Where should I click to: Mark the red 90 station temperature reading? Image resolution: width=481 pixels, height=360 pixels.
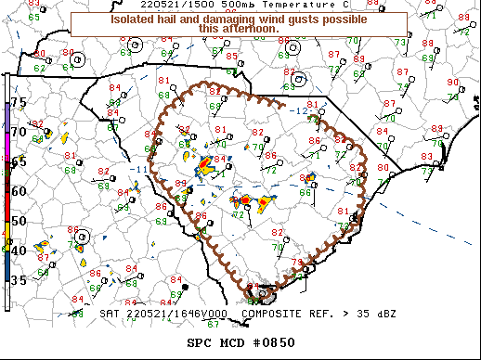pyautogui.click(x=453, y=83)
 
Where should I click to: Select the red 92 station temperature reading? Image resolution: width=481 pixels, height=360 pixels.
pyautogui.click(x=36, y=124)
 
